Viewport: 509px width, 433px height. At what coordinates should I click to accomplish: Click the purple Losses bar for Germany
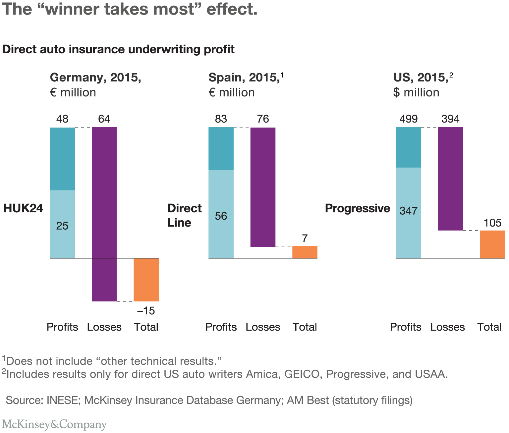104,214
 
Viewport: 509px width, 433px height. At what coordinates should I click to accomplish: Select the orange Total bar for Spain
305,252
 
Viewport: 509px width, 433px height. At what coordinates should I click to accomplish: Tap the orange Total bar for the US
492,244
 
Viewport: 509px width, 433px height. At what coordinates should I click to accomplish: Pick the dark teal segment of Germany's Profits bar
62,159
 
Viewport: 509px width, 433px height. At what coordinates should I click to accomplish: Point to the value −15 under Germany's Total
146,311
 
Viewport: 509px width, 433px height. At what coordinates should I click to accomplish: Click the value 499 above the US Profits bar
408,119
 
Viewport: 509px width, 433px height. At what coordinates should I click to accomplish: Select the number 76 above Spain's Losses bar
263,119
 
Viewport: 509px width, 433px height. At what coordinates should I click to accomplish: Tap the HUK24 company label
23,208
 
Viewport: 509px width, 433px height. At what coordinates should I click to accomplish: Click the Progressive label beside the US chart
357,208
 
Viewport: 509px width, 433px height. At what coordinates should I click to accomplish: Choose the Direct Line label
184,215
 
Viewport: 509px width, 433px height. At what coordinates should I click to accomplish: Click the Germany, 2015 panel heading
95,78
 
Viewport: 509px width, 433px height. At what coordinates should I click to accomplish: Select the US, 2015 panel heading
420,78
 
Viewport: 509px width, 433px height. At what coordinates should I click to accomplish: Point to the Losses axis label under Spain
263,327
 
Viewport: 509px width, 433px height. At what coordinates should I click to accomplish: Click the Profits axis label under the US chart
405,327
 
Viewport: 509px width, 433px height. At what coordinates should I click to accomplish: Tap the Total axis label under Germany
146,327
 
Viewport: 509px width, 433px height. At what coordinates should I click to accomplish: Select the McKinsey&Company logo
54,424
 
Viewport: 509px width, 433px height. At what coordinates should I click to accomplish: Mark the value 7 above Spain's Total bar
305,239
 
